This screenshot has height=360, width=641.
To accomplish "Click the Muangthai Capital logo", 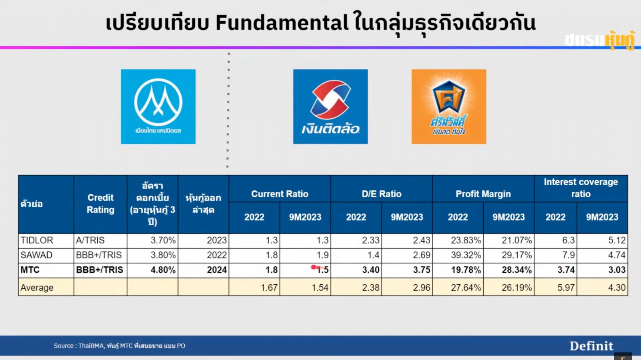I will [158, 106].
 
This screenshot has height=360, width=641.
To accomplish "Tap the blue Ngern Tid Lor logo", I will [330, 106].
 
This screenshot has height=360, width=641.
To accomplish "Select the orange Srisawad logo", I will [449, 106].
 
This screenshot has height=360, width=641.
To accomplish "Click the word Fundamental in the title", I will [282, 23].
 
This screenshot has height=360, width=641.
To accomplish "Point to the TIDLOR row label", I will [37, 240].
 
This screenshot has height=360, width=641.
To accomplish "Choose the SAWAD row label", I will [36, 255].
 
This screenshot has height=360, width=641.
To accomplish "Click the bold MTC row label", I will [30, 270].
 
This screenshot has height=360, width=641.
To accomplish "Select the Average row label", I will [37, 287].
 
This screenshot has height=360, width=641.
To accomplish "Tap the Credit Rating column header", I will [100, 203].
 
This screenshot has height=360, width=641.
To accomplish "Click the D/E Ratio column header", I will [381, 194].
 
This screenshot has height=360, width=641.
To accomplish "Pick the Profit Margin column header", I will [483, 194].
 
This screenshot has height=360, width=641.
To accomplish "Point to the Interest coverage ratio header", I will [581, 188].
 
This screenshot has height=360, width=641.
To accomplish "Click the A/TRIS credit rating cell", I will [90, 240].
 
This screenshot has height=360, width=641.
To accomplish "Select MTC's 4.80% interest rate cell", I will [163, 270].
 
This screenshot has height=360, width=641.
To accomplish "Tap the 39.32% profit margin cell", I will [466, 255].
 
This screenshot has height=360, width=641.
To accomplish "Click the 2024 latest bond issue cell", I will [217, 270].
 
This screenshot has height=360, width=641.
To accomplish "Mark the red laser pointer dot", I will [314, 267].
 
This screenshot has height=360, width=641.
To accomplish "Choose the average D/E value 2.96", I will [421, 287].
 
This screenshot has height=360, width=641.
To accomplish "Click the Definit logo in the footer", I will [591, 346].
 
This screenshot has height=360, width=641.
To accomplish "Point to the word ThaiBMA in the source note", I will [91, 346].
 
